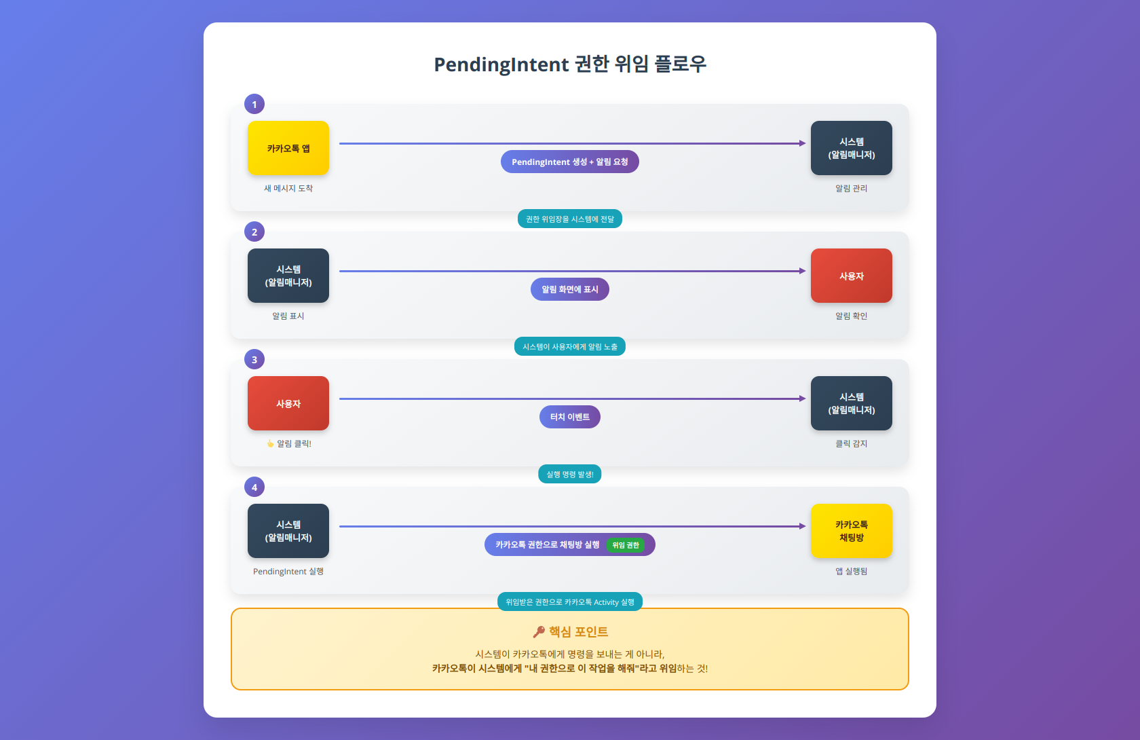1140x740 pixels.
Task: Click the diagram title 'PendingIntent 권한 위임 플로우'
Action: coord(570,64)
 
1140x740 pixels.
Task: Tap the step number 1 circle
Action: coord(254,105)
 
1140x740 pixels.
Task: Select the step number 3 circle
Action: coord(254,360)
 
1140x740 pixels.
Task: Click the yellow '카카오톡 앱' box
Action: coord(288,148)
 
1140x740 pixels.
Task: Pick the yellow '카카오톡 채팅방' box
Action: coord(852,531)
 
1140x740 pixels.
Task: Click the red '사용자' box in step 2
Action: coord(852,276)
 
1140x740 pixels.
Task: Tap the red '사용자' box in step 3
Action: coord(288,403)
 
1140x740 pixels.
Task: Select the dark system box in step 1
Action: coord(852,148)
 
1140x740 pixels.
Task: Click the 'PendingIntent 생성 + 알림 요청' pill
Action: coord(570,162)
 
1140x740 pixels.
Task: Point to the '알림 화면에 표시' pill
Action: coord(570,289)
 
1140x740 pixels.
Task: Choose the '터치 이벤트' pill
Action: coord(570,417)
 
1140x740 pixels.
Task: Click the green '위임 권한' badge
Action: coord(626,545)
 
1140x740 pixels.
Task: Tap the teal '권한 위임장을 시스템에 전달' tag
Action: coord(570,219)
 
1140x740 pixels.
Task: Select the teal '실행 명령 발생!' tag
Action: coord(570,475)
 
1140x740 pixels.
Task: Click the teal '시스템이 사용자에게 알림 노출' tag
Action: coord(570,347)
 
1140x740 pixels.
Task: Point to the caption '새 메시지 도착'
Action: coord(288,189)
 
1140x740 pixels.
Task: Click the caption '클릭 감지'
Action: coord(852,444)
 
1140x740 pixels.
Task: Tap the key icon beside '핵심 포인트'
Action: coord(539,632)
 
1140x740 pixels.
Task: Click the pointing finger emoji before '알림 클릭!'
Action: coord(270,444)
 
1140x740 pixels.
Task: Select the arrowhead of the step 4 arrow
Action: coord(803,526)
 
